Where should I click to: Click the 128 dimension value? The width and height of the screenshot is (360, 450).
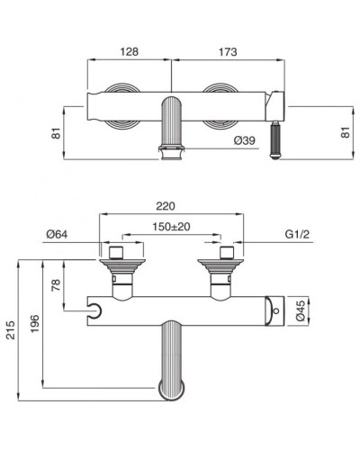pos(129,53)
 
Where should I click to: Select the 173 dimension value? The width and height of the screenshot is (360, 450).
pos(227,53)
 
